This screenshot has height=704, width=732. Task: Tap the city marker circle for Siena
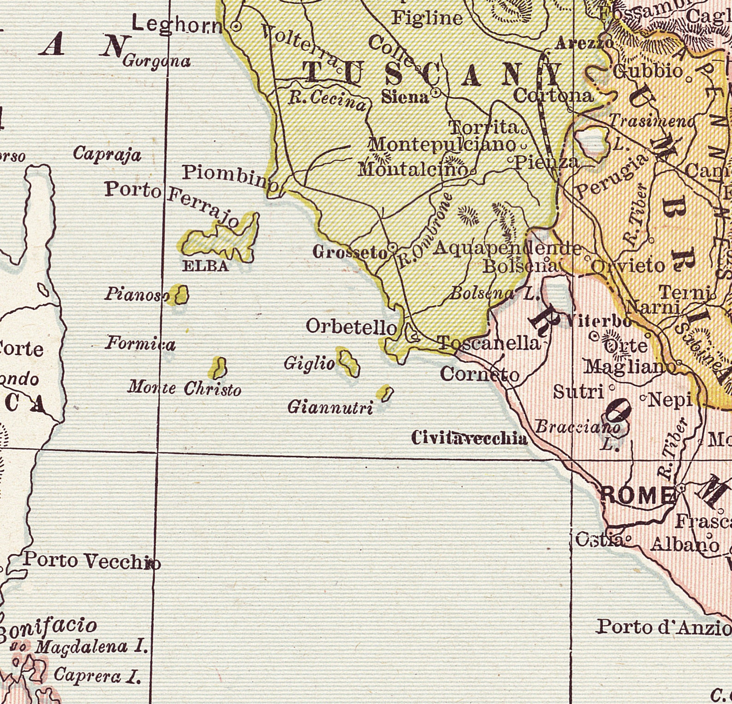[x=435, y=93]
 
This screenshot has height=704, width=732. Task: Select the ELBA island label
[x=206, y=266]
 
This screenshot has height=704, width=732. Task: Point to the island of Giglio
[x=349, y=362]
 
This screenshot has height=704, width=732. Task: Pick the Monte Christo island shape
[x=219, y=367]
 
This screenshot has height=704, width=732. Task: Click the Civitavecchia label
[x=469, y=438]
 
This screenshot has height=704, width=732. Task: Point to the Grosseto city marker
[x=393, y=248]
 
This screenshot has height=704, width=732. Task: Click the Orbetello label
[x=351, y=327]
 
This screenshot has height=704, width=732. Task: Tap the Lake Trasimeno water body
[x=591, y=142]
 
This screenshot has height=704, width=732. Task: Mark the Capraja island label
[x=107, y=154]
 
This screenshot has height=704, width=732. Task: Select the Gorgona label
[x=157, y=61]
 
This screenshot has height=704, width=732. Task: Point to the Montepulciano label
[x=443, y=145]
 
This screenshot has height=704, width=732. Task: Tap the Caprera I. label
[x=97, y=676]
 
